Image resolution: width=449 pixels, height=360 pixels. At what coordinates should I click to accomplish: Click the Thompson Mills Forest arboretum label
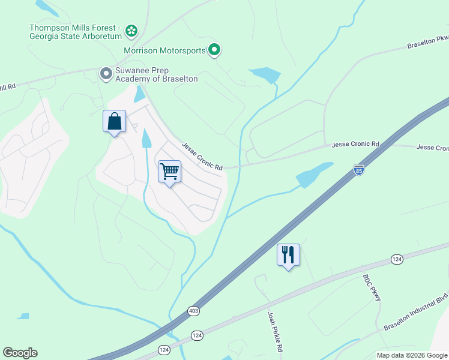(75, 32)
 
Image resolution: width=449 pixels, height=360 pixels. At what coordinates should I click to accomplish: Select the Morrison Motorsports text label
(164, 50)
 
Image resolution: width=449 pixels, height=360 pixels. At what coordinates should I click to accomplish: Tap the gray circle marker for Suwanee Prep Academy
(106, 74)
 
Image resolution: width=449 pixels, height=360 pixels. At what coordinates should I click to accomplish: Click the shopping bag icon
(114, 122)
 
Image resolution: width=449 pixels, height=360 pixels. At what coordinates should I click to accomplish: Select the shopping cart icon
(169, 172)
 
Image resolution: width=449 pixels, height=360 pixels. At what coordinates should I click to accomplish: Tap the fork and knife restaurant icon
(288, 255)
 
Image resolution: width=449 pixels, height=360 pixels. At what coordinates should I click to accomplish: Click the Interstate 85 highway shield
(359, 170)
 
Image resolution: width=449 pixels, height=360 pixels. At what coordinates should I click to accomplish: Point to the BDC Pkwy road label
(372, 288)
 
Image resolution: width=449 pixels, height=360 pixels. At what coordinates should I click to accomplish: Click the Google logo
(20, 353)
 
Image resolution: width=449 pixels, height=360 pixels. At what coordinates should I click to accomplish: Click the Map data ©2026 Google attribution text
(412, 355)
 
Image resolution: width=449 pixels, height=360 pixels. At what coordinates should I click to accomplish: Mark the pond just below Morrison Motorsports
(265, 75)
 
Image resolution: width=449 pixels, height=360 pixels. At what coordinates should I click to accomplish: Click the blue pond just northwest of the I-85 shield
(313, 174)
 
